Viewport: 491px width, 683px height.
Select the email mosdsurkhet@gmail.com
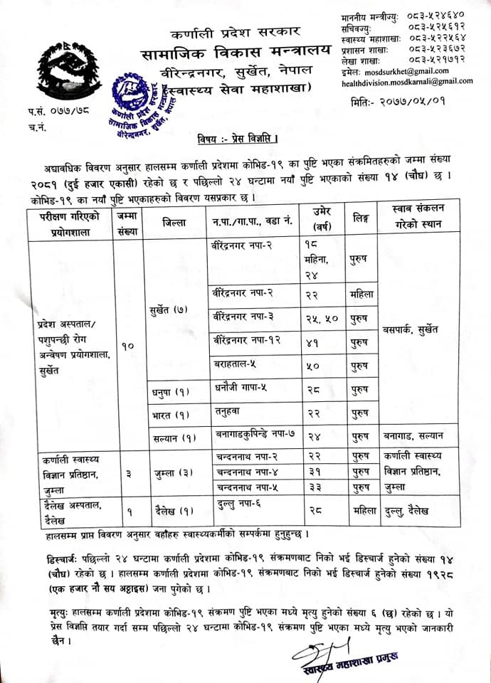tap(408, 71)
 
